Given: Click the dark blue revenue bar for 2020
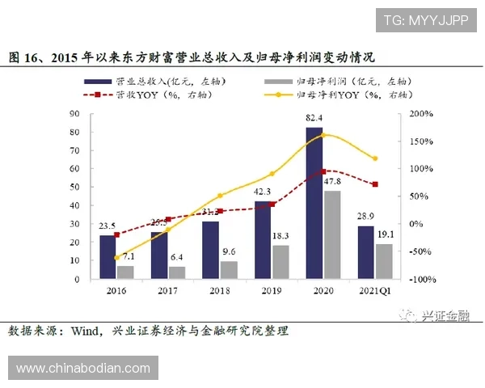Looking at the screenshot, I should point(314,203).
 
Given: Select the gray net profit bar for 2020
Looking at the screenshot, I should point(331,234).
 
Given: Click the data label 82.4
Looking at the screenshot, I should point(315,118).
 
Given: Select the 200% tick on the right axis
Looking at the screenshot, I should point(421,114).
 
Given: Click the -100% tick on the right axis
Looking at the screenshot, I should point(420,279).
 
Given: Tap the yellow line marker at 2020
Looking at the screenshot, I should point(323,135).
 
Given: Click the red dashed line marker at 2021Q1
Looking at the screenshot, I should point(375,184).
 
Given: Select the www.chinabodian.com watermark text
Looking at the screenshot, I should point(83,369).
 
